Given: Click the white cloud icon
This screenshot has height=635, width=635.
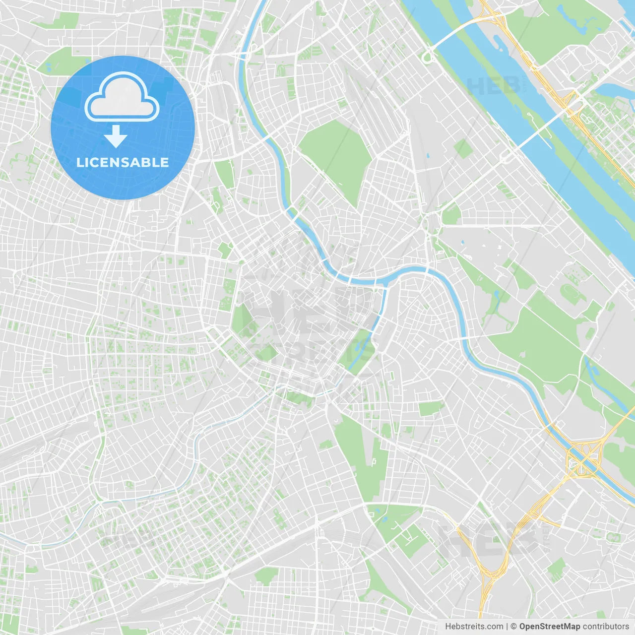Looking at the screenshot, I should [x=122, y=98].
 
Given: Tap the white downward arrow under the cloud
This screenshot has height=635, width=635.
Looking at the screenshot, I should [x=116, y=136].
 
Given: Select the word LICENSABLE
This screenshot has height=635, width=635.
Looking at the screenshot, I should [x=123, y=162].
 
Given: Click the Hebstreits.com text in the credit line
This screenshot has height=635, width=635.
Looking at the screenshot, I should [x=474, y=627].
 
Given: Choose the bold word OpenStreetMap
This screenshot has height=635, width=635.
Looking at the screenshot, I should [x=550, y=627].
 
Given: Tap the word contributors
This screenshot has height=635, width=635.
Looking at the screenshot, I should [x=606, y=627].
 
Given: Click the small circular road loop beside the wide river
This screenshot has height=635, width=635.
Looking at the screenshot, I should [x=427, y=58].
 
